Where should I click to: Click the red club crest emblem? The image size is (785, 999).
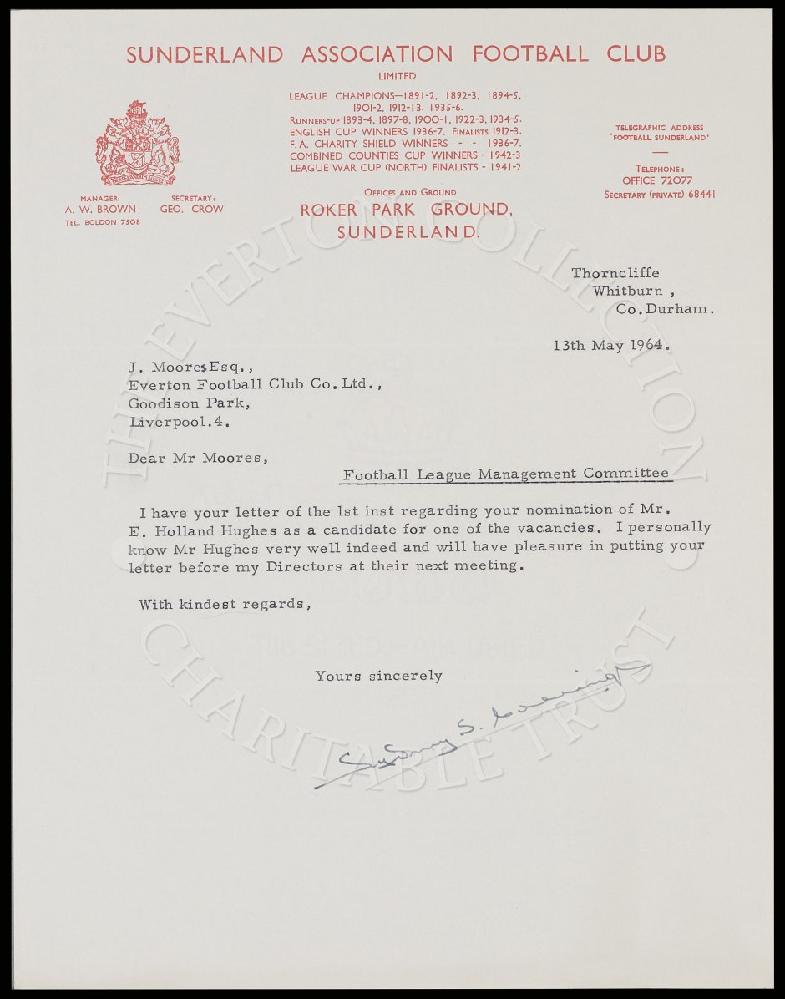137,143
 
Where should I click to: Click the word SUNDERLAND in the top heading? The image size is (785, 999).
205,55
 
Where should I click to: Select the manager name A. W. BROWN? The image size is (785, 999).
100,209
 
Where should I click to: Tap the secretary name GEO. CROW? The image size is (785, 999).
191,209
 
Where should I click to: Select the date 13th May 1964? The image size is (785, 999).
610,344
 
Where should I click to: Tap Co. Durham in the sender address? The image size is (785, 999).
666,308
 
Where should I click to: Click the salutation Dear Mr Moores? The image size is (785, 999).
199,457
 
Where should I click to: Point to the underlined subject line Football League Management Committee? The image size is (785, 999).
506,474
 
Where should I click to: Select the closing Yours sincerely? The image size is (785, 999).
378,675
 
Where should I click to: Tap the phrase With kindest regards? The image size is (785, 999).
225,603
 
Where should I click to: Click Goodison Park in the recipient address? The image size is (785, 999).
188,403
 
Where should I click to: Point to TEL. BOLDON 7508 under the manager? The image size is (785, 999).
103,222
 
